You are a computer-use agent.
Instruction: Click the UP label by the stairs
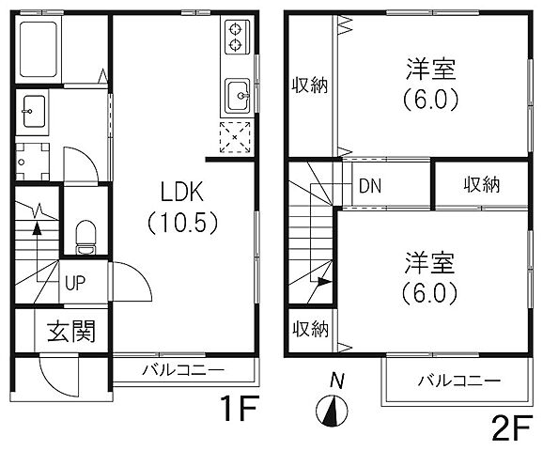click(75, 281)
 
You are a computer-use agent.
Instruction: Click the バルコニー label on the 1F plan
click(182, 368)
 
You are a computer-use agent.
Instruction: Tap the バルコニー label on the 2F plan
click(458, 381)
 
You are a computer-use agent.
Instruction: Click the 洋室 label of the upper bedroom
click(431, 69)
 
